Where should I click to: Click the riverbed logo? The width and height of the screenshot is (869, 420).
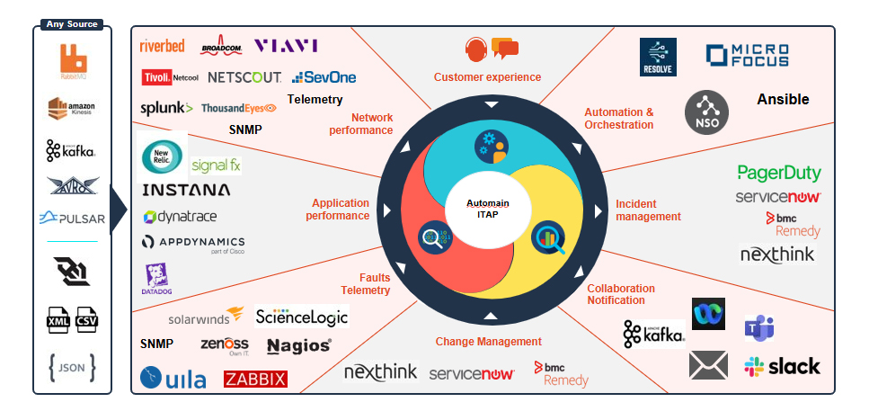[163, 47]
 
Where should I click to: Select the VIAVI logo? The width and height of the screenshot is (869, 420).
[286, 46]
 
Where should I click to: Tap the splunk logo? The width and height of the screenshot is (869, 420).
[166, 108]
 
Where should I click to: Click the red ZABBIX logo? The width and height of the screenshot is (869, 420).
[255, 379]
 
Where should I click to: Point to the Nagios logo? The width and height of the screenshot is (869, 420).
[299, 345]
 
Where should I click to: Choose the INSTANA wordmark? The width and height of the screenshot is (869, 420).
[186, 190]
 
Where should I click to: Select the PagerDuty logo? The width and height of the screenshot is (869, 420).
[779, 173]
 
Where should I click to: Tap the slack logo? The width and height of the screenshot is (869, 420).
[782, 366]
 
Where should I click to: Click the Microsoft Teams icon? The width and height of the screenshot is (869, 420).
[759, 329]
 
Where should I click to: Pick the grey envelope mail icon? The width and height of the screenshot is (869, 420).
[708, 365]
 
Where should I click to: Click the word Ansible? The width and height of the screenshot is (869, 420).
[783, 99]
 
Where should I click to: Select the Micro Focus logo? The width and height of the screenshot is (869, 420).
[747, 56]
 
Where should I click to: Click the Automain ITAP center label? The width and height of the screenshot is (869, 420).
[487, 209]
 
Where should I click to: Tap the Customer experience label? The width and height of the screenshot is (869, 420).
[487, 77]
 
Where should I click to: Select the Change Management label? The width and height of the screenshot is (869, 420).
[488, 341]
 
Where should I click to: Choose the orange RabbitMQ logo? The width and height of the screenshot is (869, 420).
[73, 60]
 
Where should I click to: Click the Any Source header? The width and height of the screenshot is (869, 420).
[72, 24]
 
